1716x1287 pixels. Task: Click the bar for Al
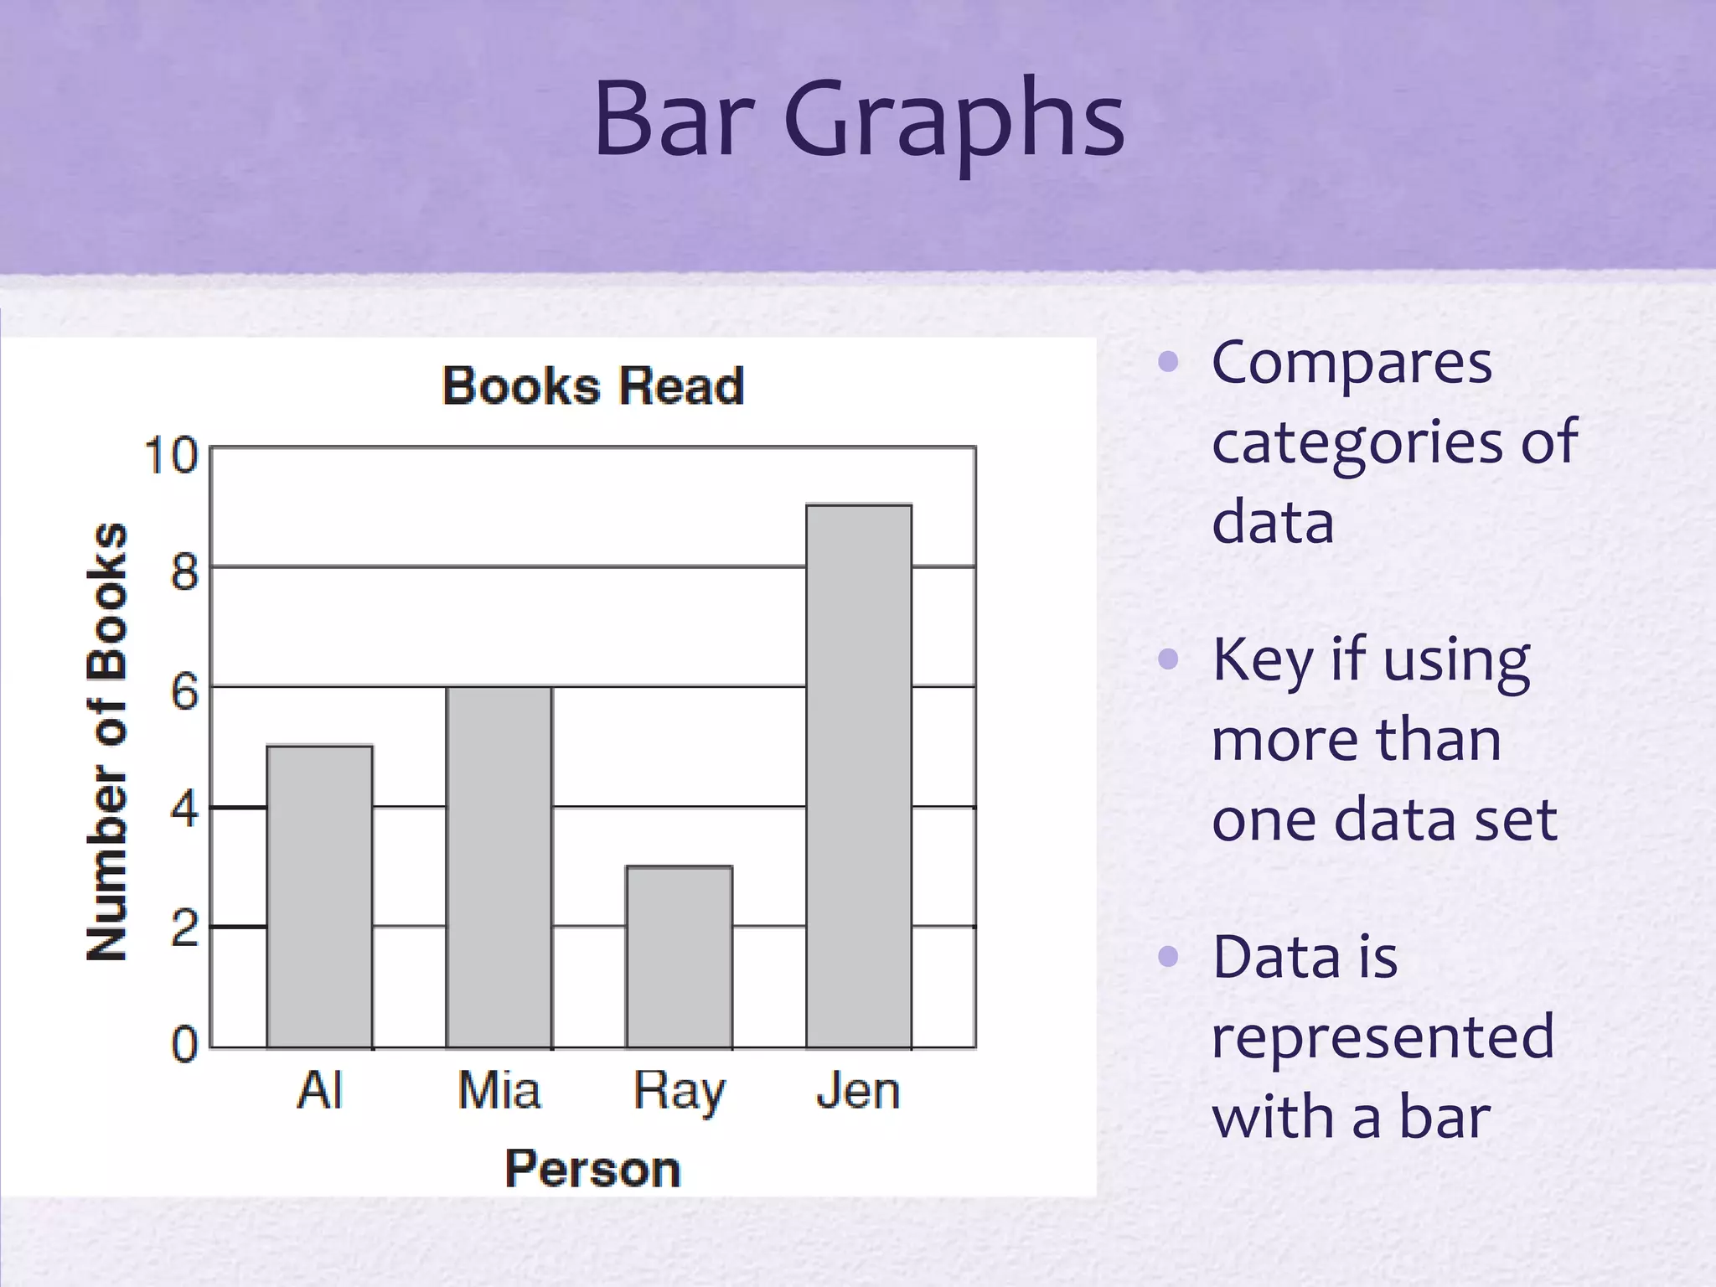click(319, 897)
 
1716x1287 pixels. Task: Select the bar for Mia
click(499, 867)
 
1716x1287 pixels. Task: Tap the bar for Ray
click(679, 957)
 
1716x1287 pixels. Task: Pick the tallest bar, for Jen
click(859, 776)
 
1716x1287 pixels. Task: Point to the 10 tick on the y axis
click(171, 456)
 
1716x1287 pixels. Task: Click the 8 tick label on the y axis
click(184, 573)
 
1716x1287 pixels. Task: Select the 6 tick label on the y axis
click(184, 693)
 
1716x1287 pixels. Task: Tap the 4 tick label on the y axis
click(184, 810)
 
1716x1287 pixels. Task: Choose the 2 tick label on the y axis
click(184, 929)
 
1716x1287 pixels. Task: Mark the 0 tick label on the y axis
click(184, 1046)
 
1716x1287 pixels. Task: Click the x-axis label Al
click(319, 1091)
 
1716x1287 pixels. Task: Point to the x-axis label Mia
click(499, 1091)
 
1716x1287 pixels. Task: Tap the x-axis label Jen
click(858, 1091)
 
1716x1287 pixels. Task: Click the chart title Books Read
click(592, 386)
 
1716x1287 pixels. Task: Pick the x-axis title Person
click(592, 1168)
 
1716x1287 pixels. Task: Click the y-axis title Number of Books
click(107, 742)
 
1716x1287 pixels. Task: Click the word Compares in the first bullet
click(1352, 364)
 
